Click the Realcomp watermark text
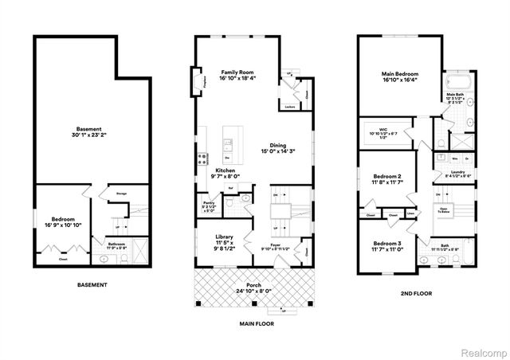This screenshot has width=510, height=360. click(x=481, y=351)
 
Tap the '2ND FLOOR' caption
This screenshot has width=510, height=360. click(x=416, y=294)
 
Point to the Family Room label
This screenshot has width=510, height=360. click(x=237, y=72)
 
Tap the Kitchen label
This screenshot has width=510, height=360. click(x=224, y=170)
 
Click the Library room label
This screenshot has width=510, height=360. click(x=224, y=237)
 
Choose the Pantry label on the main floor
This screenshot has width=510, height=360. click(x=209, y=203)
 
